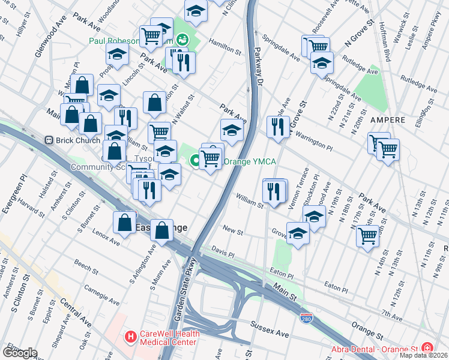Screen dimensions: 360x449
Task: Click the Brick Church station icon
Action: pos(50,140)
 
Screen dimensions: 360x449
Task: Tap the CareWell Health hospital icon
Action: pos(129,337)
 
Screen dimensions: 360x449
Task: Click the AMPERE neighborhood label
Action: pos(388,120)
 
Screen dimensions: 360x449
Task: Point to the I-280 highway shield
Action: pos(306,316)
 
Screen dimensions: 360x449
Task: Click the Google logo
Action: pos(20,353)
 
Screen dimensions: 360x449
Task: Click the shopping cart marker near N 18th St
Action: pos(367,234)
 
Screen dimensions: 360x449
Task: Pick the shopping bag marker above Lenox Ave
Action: pos(124,222)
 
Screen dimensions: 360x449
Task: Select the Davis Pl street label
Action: pos(223,251)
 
